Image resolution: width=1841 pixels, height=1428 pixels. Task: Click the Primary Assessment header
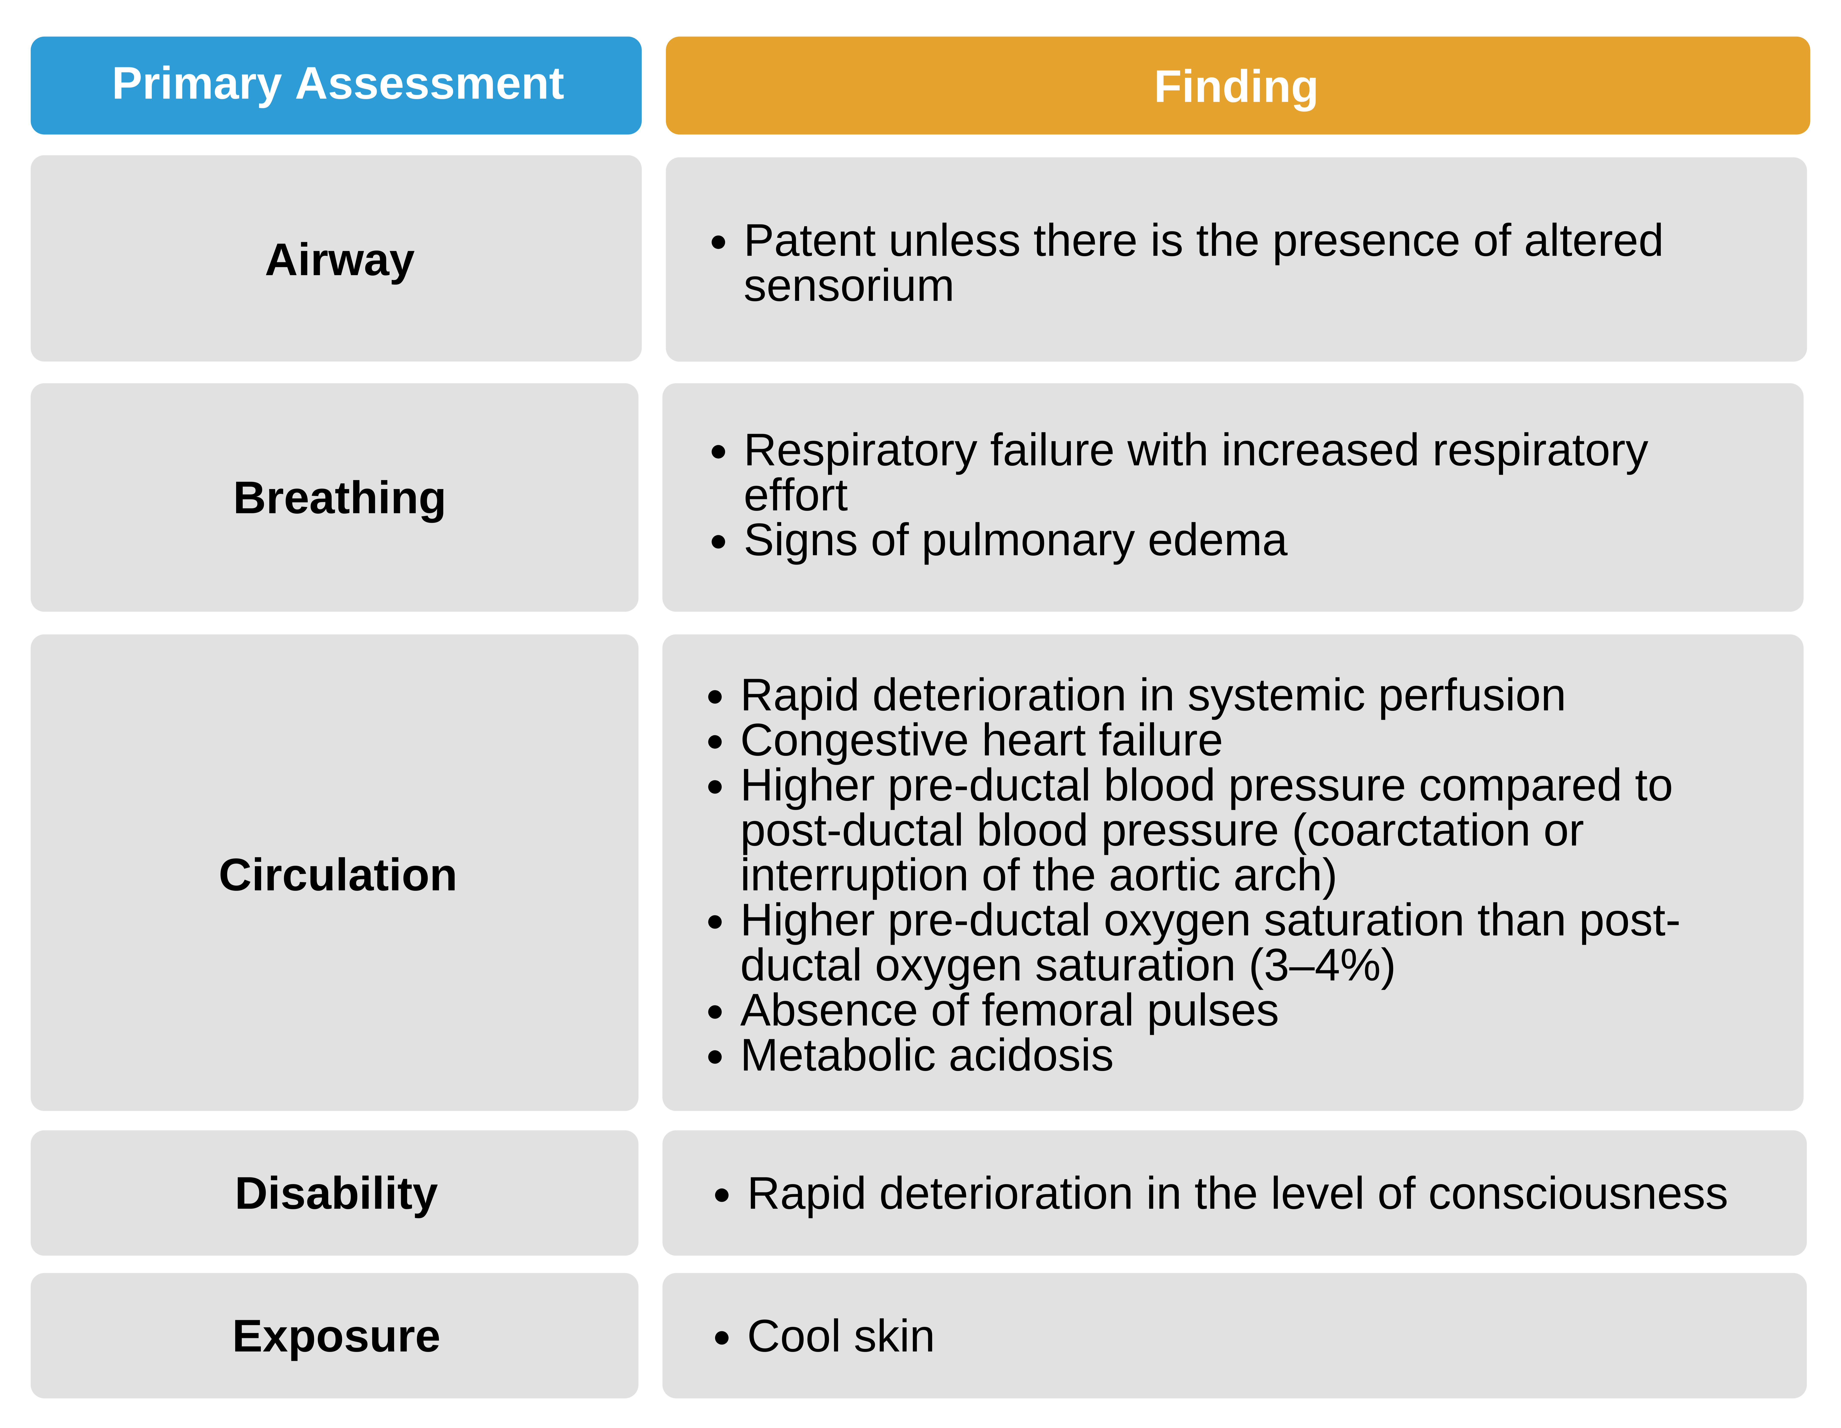click(x=337, y=84)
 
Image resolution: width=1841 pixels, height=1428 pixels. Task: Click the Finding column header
click(x=1236, y=87)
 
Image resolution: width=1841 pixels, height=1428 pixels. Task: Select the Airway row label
click(x=340, y=260)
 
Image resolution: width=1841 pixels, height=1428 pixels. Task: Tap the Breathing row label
click(x=339, y=498)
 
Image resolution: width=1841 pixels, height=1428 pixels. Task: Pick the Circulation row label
click(x=337, y=875)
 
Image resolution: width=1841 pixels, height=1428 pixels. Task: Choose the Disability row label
click(x=336, y=1194)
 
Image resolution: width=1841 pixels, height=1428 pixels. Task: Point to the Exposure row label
click(x=336, y=1336)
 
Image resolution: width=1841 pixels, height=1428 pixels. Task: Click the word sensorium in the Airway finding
click(x=848, y=287)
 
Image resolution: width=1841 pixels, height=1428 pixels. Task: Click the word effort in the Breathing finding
click(x=795, y=496)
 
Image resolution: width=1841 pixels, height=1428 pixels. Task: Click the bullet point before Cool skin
click(x=721, y=1338)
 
